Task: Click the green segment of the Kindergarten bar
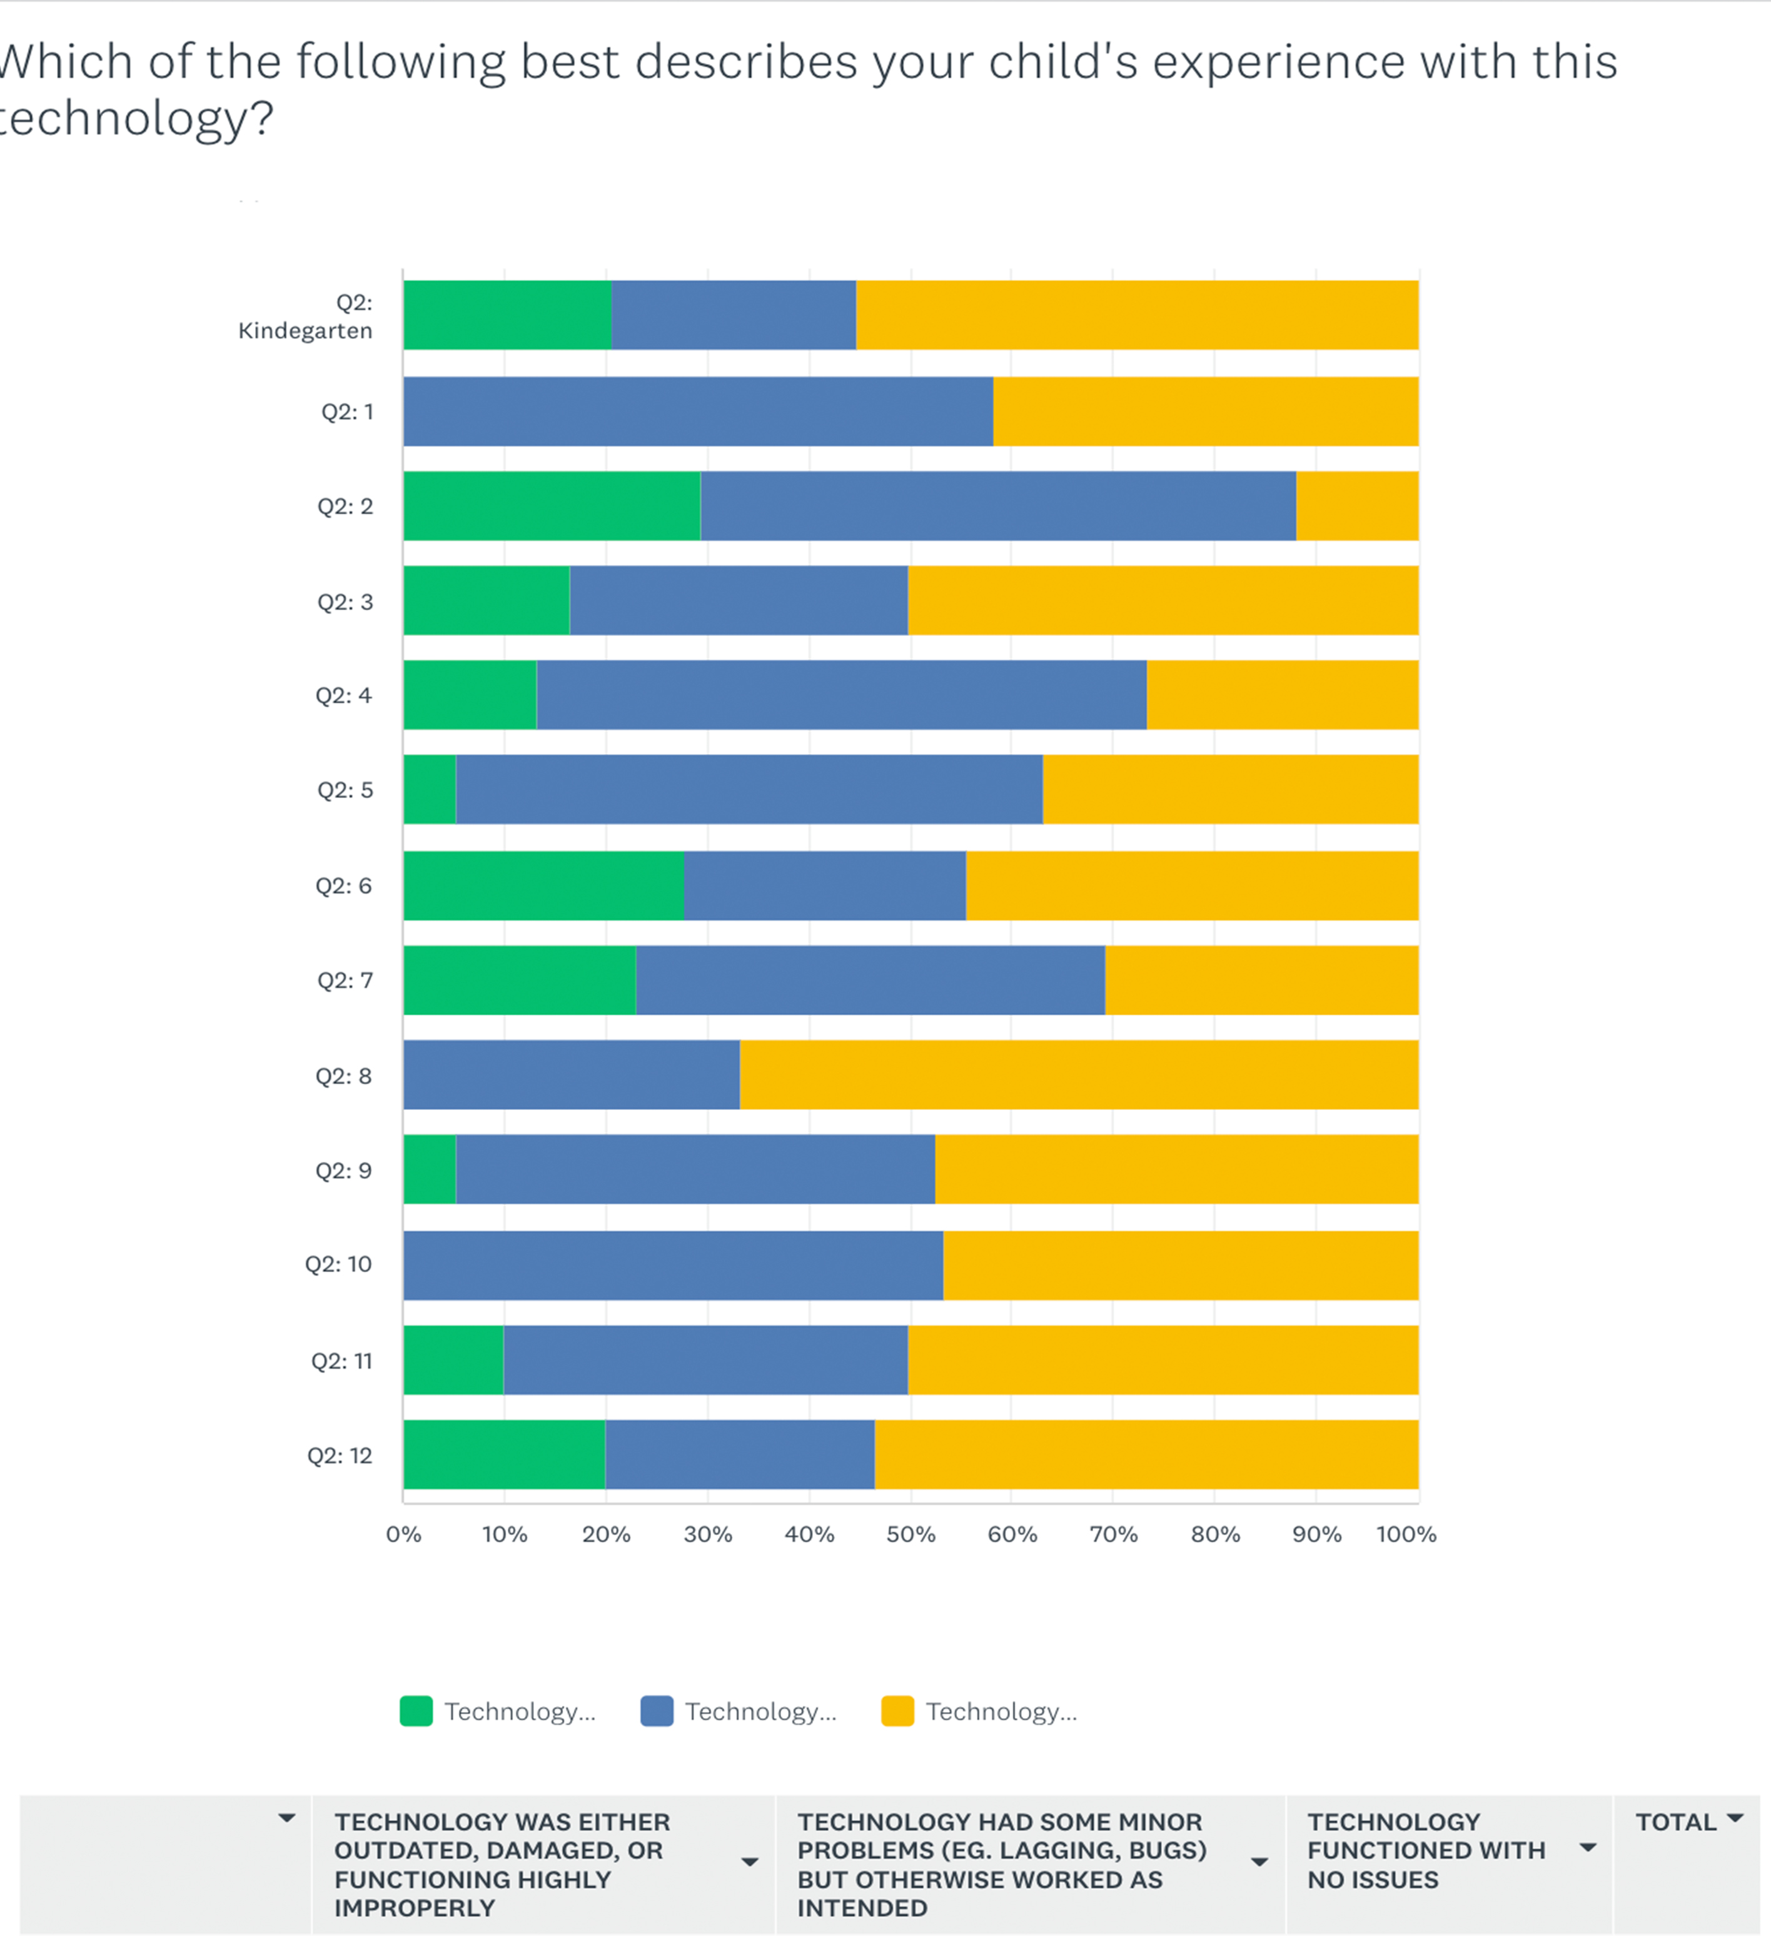click(507, 315)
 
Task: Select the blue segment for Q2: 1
click(699, 411)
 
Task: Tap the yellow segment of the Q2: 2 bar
click(1357, 506)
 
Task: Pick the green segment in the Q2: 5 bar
click(429, 789)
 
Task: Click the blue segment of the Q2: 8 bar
click(572, 1074)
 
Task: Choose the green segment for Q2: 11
click(453, 1360)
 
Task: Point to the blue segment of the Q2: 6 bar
click(825, 885)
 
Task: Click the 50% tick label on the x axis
click(911, 1535)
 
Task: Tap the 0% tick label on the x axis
click(403, 1535)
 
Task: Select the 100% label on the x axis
click(1406, 1535)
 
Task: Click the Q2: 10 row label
click(338, 1264)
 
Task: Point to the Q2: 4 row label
click(343, 695)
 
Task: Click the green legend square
click(416, 1712)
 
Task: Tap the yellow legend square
click(897, 1712)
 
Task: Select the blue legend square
click(657, 1712)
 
